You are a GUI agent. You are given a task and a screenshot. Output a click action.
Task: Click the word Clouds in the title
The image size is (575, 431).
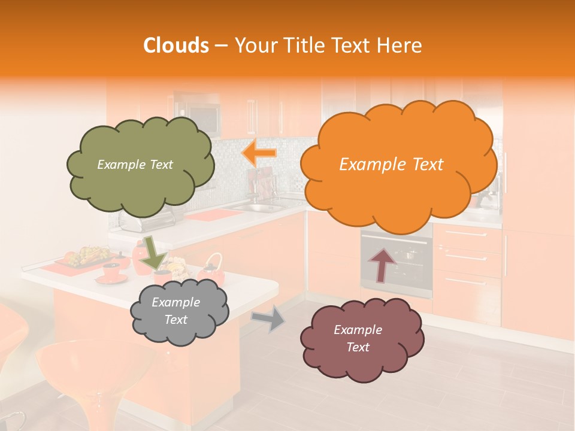175,46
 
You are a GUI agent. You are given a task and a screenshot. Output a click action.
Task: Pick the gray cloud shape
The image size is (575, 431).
180,329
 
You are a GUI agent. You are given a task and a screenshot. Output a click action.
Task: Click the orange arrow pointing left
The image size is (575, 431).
259,153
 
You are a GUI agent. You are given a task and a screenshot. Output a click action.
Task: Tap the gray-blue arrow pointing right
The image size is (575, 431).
268,319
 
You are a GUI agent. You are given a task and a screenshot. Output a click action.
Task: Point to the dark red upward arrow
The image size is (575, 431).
382,265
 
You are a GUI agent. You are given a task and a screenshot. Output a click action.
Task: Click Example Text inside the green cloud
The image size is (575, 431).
135,165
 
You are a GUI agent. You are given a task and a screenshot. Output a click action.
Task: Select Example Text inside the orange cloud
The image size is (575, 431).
391,165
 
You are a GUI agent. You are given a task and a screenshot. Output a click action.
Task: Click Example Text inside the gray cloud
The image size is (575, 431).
175,311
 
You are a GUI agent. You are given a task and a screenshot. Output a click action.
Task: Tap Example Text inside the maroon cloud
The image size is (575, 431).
358,338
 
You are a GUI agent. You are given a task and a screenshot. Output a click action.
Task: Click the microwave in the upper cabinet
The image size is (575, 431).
198,117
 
